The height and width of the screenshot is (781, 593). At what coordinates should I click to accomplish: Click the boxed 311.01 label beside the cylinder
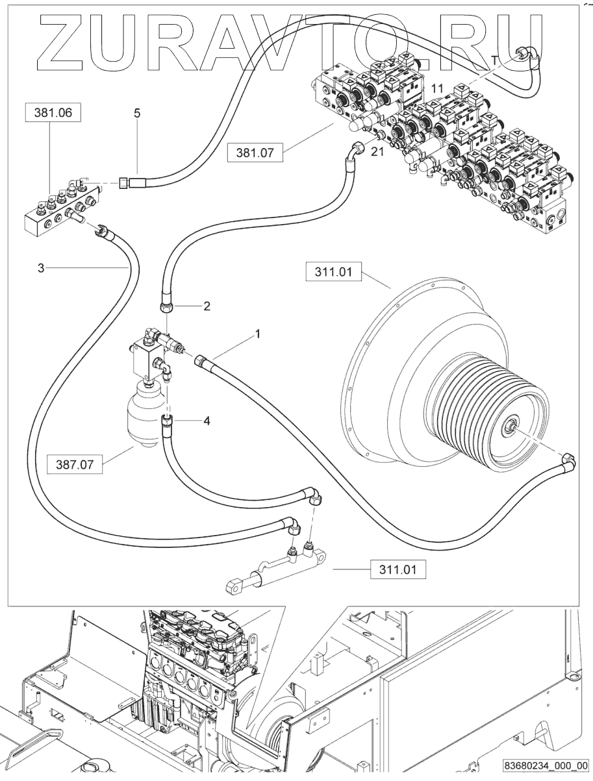click(399, 569)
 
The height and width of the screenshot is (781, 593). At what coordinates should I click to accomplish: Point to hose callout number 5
click(137, 113)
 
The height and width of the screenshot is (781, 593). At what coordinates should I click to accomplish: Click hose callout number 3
click(40, 267)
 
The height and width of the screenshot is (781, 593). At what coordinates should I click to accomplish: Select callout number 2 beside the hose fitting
click(207, 306)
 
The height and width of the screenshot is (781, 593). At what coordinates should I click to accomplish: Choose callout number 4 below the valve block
click(207, 421)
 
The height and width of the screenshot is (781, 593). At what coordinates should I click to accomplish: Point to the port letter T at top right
click(494, 60)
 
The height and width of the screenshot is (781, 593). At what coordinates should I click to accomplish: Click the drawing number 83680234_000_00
click(545, 767)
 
